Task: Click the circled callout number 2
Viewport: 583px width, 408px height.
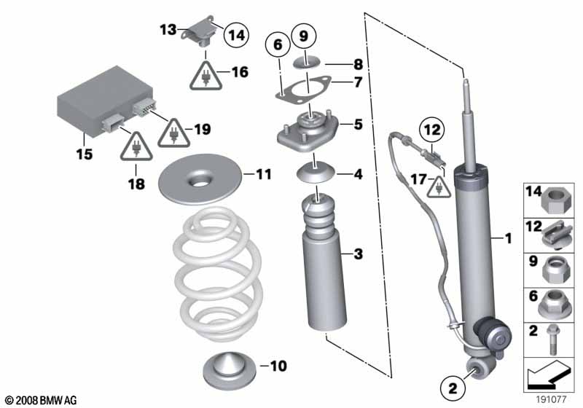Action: (452, 387)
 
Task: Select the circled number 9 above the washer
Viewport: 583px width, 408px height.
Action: (305, 34)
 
